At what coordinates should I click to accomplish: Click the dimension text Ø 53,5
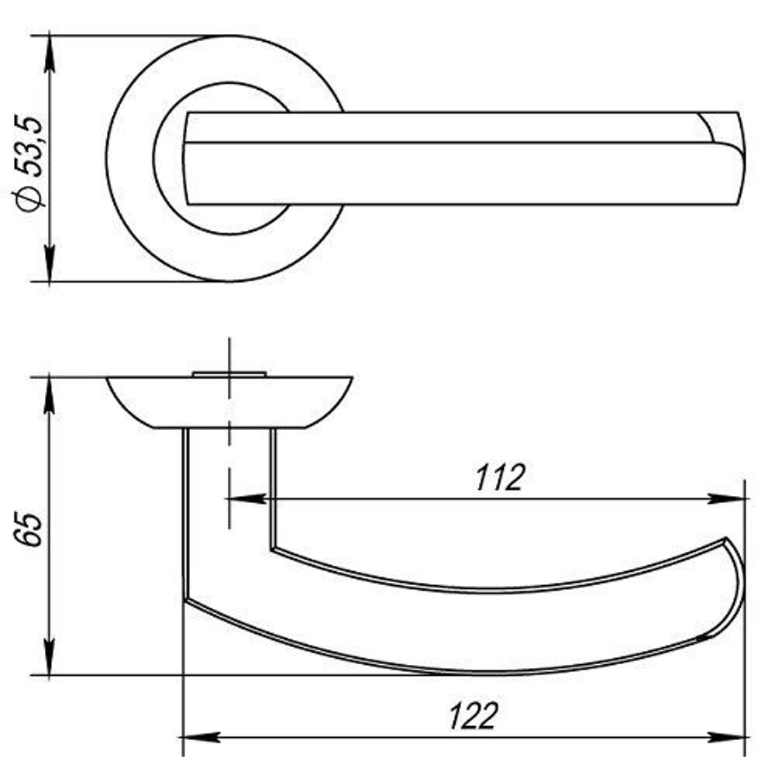[x=29, y=164]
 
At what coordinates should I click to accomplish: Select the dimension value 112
[x=498, y=478]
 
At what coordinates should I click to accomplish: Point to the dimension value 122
[x=473, y=716]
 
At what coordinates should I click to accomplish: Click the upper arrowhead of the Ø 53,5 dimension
[x=50, y=54]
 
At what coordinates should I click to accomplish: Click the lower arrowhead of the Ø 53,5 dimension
[x=50, y=263]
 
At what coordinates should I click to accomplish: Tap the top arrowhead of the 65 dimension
[x=50, y=396]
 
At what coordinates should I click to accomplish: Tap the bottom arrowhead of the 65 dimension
[x=50, y=656]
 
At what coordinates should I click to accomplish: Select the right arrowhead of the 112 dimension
[x=726, y=498]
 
